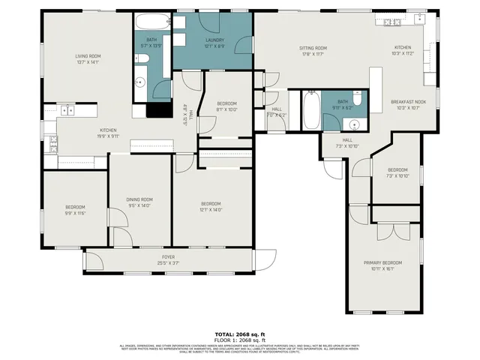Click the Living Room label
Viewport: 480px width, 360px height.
point(88,56)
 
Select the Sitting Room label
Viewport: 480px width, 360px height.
point(313,48)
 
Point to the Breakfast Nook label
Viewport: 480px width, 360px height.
point(408,101)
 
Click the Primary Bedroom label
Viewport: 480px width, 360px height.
point(382,262)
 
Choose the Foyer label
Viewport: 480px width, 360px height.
point(168,257)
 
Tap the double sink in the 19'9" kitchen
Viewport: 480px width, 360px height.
point(68,110)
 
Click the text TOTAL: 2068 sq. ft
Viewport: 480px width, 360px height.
point(240,334)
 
